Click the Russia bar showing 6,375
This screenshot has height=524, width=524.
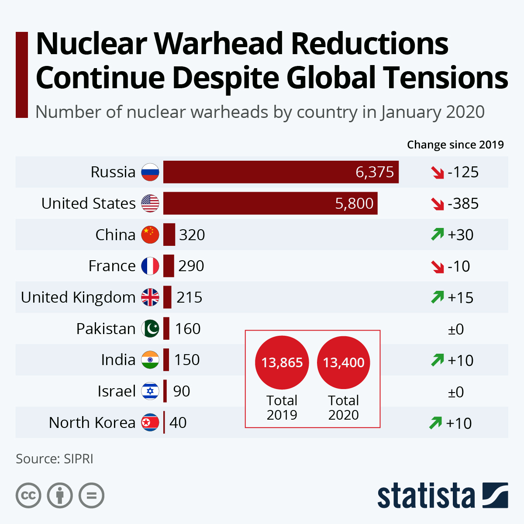tap(281, 172)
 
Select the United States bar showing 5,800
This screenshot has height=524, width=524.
tap(270, 203)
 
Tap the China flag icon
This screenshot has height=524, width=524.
tap(150, 235)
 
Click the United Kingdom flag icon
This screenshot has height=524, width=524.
tap(150, 297)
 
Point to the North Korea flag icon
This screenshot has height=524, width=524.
tap(150, 423)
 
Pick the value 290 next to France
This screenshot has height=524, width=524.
tap(191, 266)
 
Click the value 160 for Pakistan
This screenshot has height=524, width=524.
tap(188, 329)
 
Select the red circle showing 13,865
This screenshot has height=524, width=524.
tap(282, 362)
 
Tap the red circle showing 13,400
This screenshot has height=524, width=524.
tap(344, 362)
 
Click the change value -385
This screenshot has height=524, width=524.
tap(463, 204)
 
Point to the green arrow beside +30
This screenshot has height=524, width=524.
tap(437, 235)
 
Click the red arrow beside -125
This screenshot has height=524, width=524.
tap(437, 172)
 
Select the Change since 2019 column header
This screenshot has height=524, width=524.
tap(455, 145)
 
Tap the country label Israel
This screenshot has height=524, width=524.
tap(117, 391)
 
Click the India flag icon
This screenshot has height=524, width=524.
tap(150, 360)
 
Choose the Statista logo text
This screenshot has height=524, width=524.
tap(426, 496)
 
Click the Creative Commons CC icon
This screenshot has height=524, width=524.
tap(29, 496)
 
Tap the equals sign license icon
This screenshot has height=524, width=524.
tap(92, 496)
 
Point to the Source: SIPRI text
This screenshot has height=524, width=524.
tap(55, 459)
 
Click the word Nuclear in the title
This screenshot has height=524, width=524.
tap(92, 44)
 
